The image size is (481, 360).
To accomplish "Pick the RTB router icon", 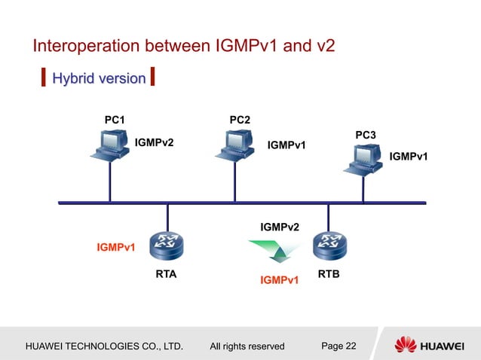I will coord(329,243).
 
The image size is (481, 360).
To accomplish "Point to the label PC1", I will coord(115,119).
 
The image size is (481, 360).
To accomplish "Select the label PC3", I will coord(366,134).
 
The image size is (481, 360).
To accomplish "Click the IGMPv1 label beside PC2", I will coord(286,145).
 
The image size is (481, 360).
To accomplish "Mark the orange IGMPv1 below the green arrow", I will coord(279,281).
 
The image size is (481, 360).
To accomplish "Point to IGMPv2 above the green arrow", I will coord(279,227).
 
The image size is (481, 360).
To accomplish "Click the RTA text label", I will coord(166,274).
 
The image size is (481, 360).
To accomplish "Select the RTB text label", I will coord(328,274).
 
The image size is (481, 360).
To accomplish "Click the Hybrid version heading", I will coord(98,78).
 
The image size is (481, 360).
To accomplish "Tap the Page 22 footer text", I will coord(339,346).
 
